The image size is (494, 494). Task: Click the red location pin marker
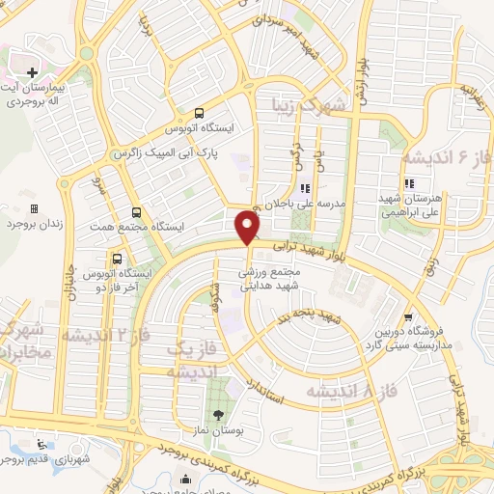[x=248, y=228]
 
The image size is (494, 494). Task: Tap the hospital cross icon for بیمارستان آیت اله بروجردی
[x=32, y=72]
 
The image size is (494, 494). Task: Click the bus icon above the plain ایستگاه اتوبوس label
[x=198, y=111]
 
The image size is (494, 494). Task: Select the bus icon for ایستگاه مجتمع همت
[x=135, y=212]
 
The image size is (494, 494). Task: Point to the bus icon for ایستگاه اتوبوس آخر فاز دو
[x=117, y=259]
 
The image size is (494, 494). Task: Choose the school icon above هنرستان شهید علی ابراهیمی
[x=410, y=183]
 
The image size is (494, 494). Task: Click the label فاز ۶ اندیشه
[x=447, y=155]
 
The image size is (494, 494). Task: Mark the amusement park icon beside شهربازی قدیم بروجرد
[x=41, y=445]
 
